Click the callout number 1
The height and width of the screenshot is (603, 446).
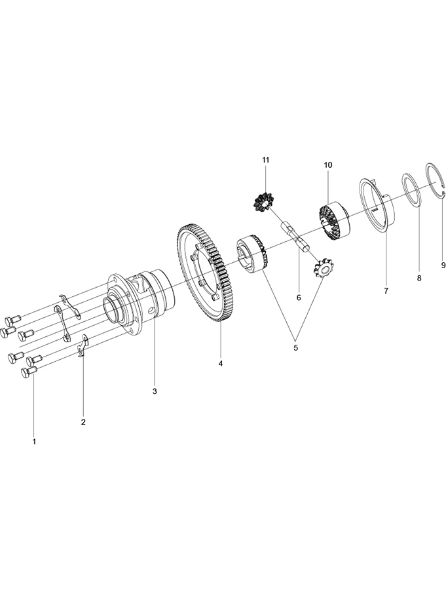34,442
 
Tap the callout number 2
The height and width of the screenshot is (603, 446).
83,422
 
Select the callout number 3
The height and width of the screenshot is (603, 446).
155,391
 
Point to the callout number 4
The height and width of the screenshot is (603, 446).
221,363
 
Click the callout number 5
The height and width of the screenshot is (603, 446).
295,347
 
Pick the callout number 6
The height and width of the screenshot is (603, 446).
299,298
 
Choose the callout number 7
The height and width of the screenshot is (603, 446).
386,291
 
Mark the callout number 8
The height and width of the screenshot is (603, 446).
419,278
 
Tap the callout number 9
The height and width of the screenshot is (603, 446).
443,265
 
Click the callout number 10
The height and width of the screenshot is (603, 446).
328,165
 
